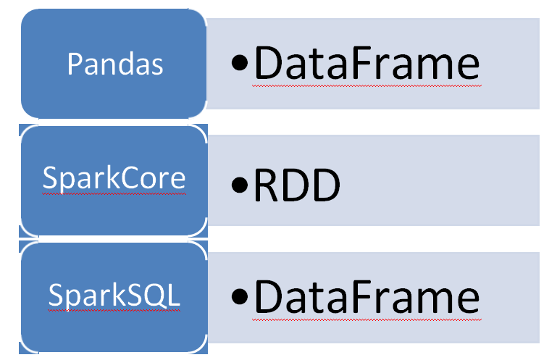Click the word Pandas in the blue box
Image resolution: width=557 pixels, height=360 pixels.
[x=115, y=64]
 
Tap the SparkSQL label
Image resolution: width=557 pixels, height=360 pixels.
[x=114, y=296]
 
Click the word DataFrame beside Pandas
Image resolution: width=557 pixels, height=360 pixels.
[x=366, y=64]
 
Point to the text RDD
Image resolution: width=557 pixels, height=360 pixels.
[x=296, y=186]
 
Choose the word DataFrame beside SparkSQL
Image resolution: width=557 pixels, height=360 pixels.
[x=366, y=298]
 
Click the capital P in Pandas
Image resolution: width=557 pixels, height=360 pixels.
[x=74, y=64]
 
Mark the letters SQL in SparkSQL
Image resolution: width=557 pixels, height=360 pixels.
[x=159, y=296]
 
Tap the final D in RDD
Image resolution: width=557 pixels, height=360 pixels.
[x=324, y=186]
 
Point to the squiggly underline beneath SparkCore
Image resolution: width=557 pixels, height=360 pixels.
[x=114, y=193]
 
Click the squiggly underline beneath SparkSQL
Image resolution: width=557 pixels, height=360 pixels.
[x=114, y=310]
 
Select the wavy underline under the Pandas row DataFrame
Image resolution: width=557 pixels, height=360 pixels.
[x=366, y=85]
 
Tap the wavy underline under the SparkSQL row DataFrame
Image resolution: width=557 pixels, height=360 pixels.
[x=366, y=318]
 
